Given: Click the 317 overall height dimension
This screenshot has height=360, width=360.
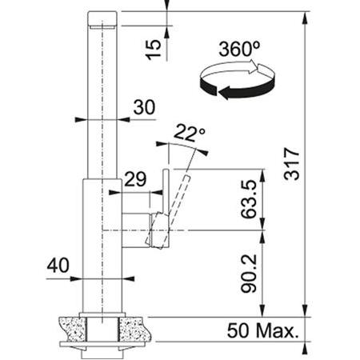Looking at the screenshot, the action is pos(292,164).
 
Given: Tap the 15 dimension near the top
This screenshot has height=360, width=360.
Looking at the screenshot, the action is pos(153,50).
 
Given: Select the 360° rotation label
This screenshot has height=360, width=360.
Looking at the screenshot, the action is pos(239,49).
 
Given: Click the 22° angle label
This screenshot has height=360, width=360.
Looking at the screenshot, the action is pos(190,133).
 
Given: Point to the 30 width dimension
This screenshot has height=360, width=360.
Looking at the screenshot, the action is pos(144,107).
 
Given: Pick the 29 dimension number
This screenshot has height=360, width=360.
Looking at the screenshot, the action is pos(135,179).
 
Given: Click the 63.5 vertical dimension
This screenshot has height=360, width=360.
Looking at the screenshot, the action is pos(249,199).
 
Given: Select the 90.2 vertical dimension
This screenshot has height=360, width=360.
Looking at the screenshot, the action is pos(249,274).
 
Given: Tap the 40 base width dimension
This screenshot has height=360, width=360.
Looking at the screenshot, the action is pos(58,266).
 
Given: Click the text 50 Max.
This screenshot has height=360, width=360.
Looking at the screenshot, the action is pos(263,330).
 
